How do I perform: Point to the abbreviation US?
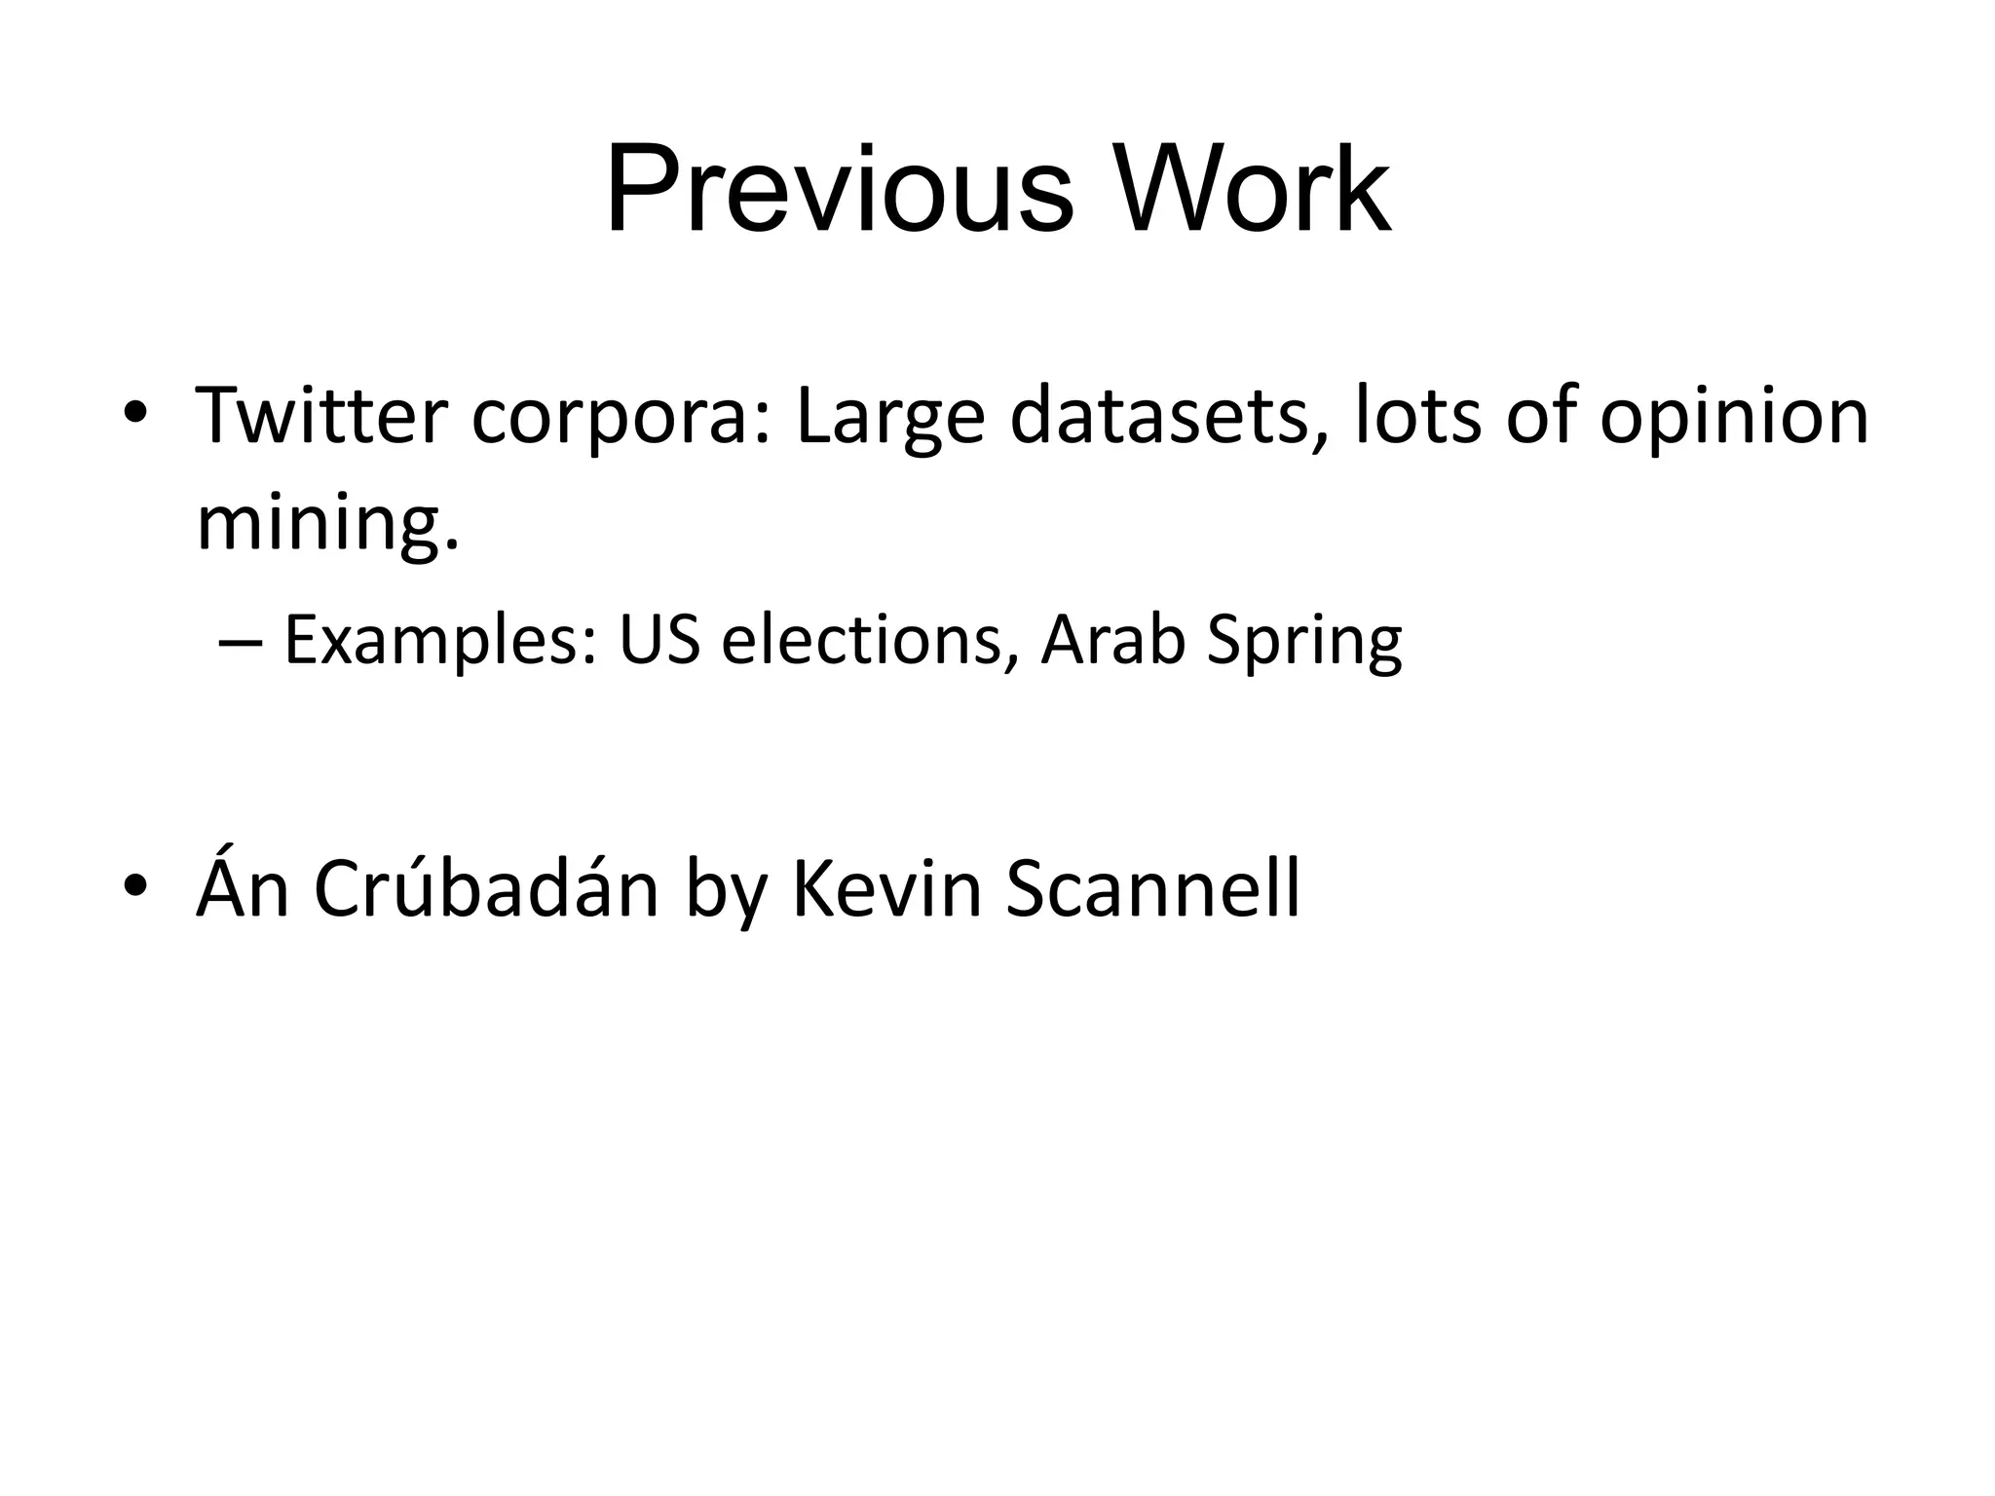point(659,640)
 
